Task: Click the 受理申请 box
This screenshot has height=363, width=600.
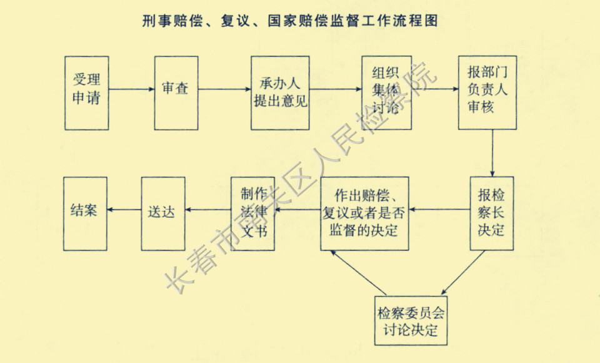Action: (86, 93)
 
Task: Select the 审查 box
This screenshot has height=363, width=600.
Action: (176, 93)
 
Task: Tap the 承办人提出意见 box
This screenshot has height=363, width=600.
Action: (280, 93)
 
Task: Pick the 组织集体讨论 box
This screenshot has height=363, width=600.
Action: (386, 93)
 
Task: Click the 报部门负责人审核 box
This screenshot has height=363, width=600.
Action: (487, 93)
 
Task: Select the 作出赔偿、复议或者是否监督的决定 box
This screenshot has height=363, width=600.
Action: (365, 213)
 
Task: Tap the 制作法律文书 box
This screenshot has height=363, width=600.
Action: (253, 213)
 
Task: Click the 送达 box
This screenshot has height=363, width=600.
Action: (164, 213)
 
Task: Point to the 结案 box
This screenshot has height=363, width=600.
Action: (85, 213)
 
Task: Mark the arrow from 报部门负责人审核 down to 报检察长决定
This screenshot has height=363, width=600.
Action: (492, 153)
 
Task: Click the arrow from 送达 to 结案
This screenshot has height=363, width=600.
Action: (124, 210)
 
